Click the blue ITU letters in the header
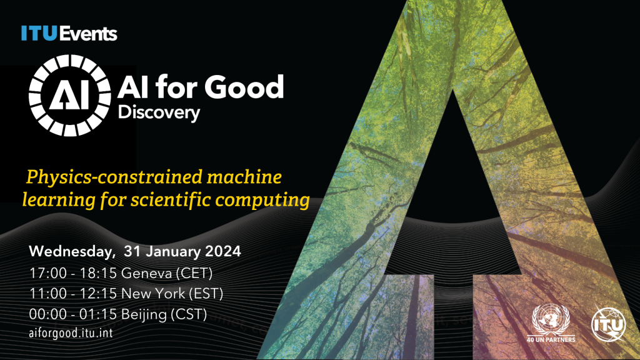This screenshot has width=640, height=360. pos(39,34)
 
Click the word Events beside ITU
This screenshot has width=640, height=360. pos(88,34)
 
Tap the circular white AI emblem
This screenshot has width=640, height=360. pos(70,96)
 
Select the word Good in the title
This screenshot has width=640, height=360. pos(244,86)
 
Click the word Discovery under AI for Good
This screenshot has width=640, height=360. pos(159,112)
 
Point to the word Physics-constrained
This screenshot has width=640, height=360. pos(114,177)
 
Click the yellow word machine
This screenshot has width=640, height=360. pos(244,177)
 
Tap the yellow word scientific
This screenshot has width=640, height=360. pos(171,199)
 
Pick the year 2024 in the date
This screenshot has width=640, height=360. pos(223,251)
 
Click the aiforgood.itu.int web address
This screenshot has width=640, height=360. pos(71,333)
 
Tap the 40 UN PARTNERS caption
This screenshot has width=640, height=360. pos(551,339)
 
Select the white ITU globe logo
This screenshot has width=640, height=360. pos(609,324)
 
